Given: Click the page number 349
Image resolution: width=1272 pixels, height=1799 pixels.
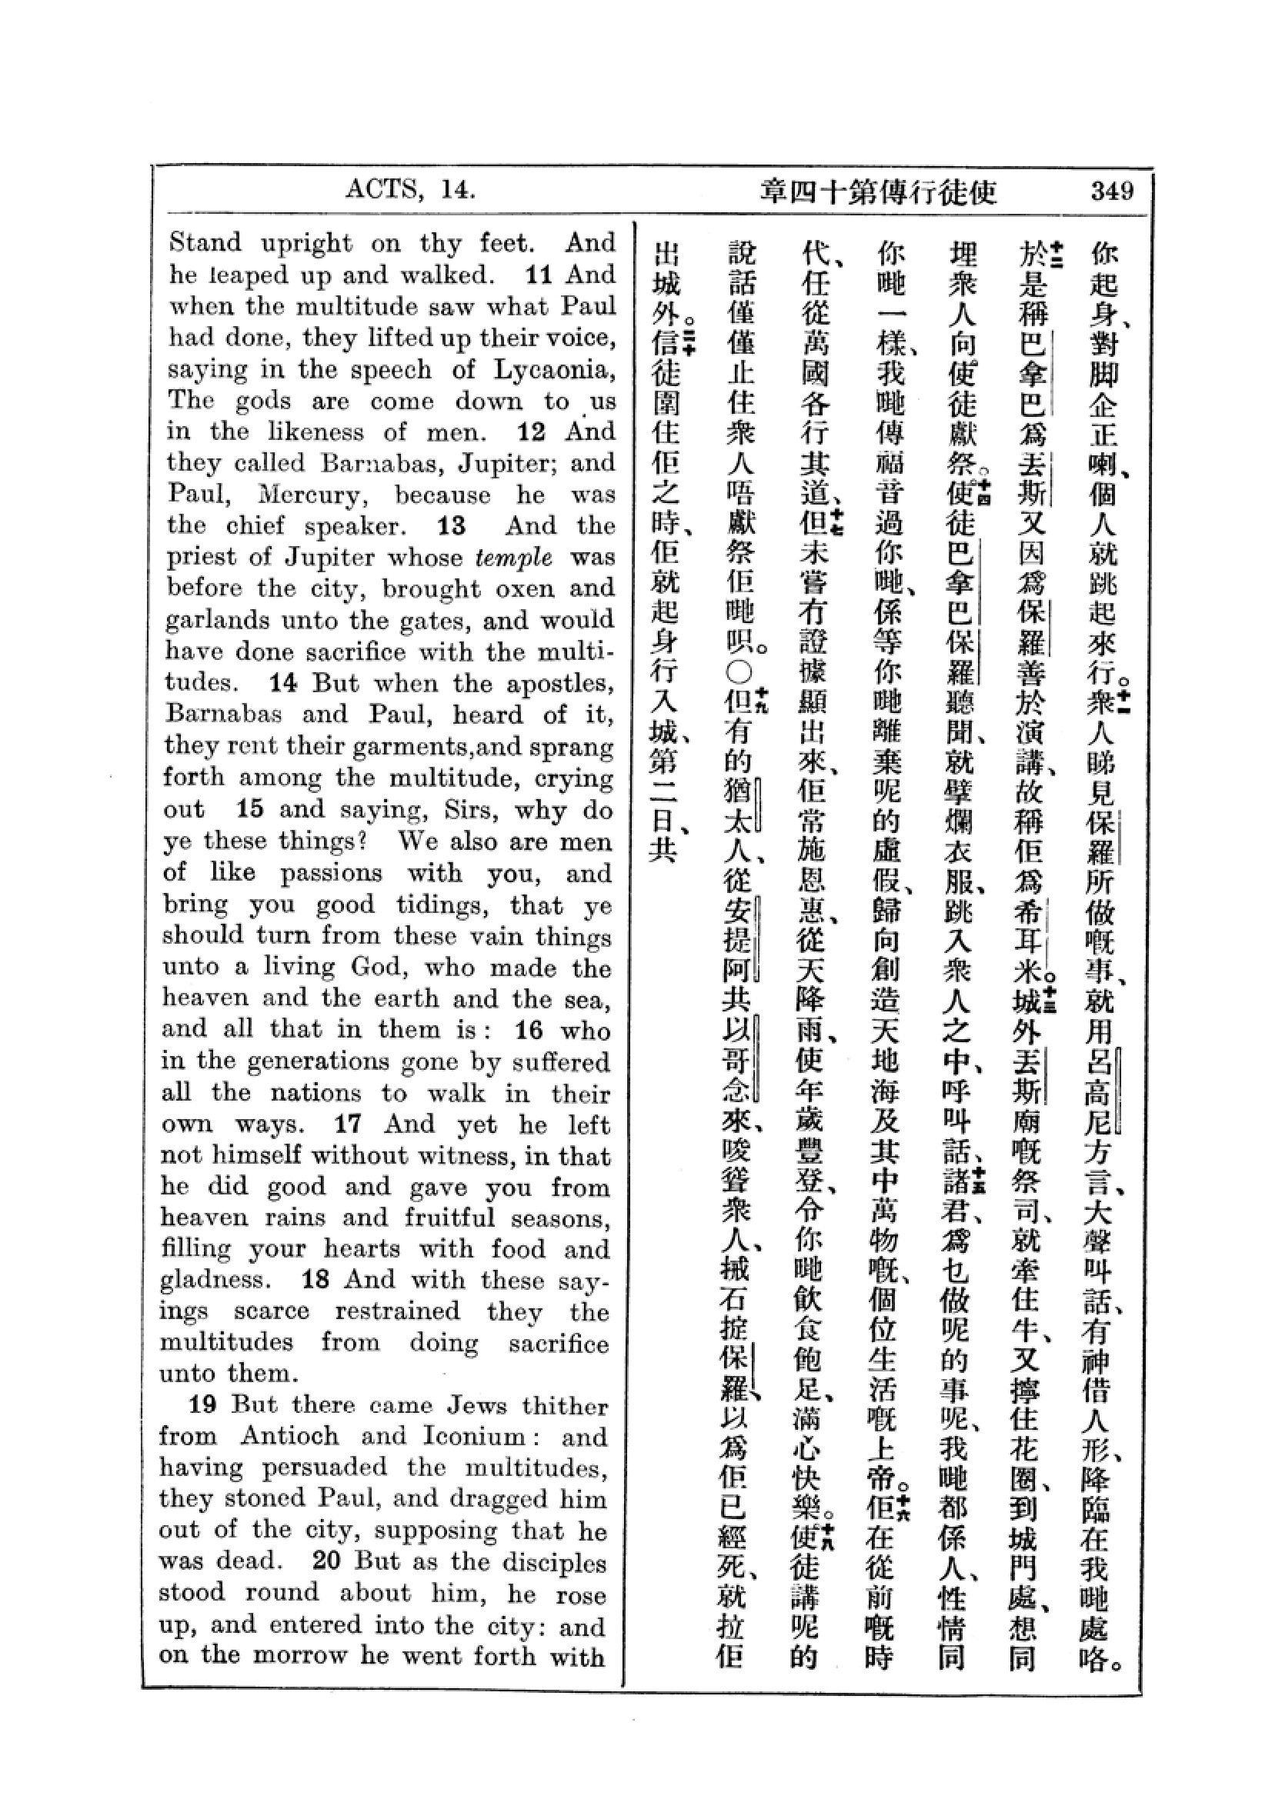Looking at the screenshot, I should [x=1110, y=192].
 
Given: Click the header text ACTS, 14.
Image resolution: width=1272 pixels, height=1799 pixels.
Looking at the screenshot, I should [x=410, y=190].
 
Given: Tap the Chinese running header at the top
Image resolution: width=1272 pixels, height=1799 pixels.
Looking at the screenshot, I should [x=878, y=192].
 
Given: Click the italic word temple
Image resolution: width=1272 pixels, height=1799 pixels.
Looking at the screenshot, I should [x=513, y=558].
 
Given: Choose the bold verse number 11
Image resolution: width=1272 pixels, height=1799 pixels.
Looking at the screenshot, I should [x=540, y=275].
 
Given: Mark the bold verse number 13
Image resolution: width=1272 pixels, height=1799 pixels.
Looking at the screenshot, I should [x=452, y=527].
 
